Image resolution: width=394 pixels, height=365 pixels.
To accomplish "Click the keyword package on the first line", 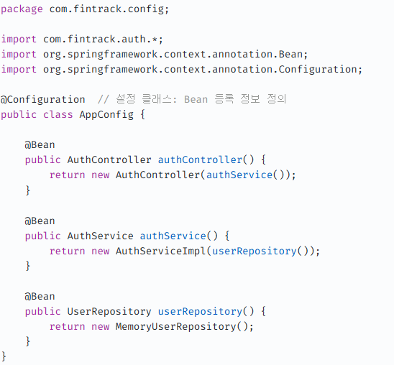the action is point(22,9).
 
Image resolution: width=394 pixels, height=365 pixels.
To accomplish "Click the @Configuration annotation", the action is point(42,100).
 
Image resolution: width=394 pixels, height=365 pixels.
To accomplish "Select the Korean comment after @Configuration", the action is point(192,99).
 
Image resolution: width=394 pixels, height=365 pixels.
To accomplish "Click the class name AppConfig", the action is point(106,115).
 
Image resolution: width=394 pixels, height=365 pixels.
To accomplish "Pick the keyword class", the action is point(58,115).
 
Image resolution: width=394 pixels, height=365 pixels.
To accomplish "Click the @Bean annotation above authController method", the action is point(40,145).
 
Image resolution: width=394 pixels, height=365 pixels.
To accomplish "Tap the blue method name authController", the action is point(200,160).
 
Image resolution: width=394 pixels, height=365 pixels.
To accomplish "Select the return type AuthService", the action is point(100,236).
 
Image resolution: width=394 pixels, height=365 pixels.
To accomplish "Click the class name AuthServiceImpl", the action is point(160,251).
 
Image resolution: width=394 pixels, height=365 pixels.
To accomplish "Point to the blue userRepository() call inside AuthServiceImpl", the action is point(260,251).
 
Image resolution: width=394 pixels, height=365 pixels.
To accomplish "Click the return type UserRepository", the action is point(109,312).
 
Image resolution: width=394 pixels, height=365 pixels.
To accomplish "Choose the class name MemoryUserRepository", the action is point(175,327).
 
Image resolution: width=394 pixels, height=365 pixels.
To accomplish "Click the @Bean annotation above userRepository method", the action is point(40,297).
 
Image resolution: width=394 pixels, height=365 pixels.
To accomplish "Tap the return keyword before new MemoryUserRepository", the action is point(67,327).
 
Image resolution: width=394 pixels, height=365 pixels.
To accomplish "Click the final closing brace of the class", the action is point(4,356).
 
